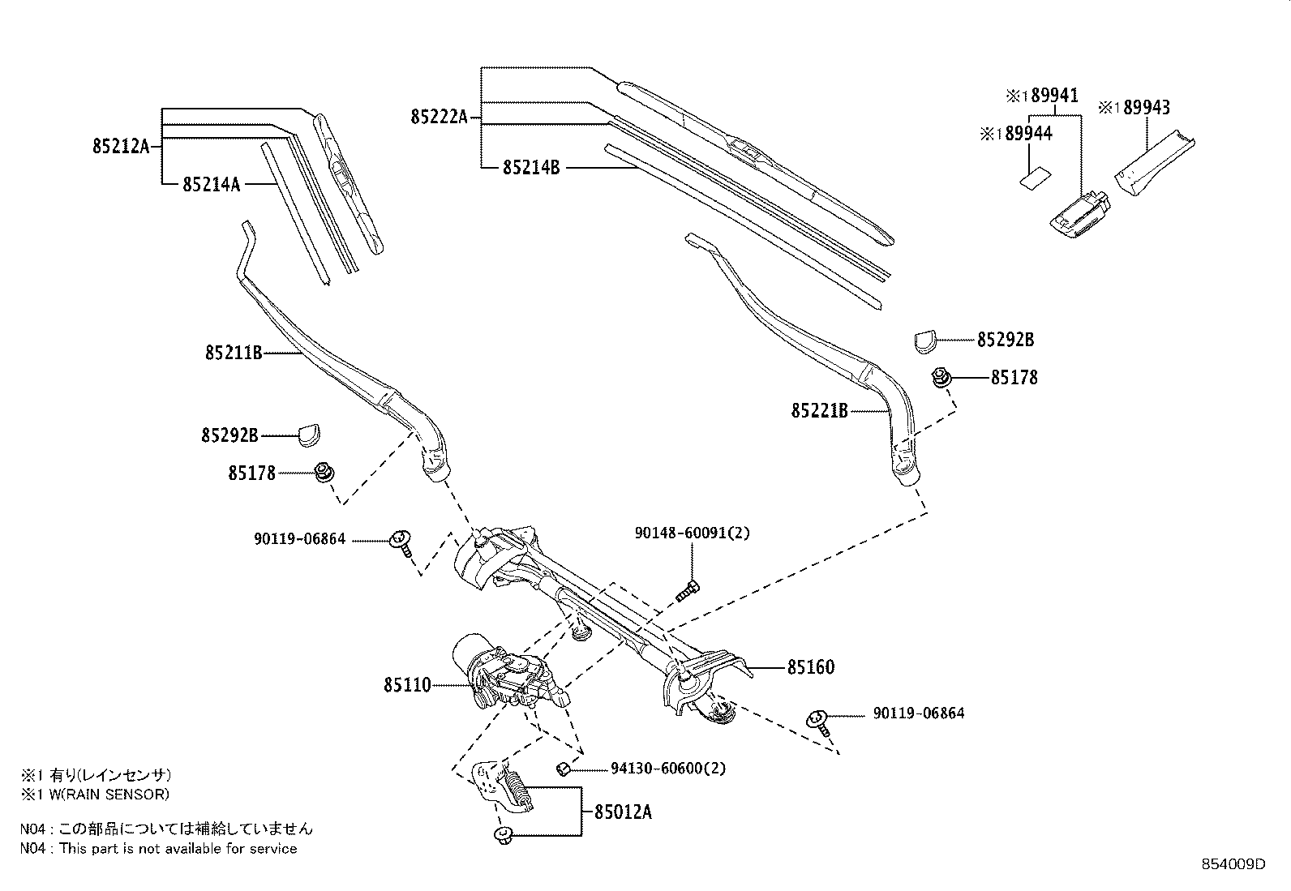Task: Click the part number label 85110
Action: (x=407, y=686)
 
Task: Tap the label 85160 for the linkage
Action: (x=810, y=667)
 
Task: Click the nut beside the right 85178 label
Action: (x=941, y=377)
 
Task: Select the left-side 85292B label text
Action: (x=229, y=436)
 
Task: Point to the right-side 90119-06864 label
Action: (x=919, y=713)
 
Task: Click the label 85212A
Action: (x=121, y=146)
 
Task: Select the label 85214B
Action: (x=531, y=168)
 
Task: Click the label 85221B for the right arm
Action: (x=819, y=412)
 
